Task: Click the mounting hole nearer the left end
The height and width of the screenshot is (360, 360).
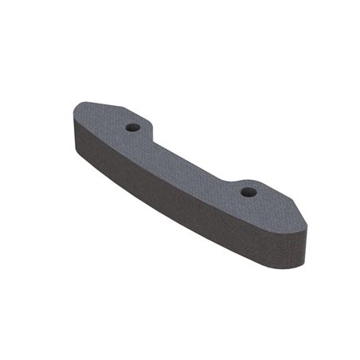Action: click(x=133, y=127)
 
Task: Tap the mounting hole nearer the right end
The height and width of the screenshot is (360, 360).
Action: click(x=248, y=191)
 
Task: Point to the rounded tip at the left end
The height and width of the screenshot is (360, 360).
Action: click(x=74, y=119)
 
